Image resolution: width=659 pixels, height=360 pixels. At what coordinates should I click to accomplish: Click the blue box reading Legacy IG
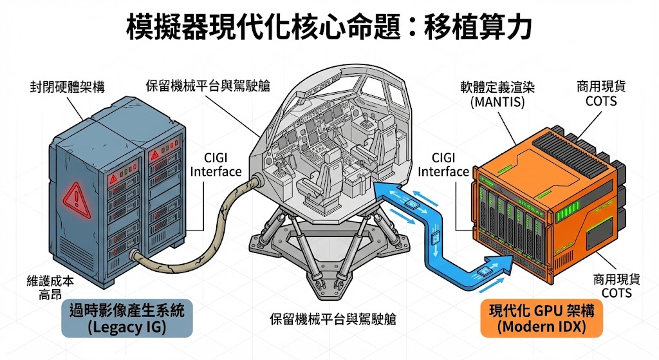126,319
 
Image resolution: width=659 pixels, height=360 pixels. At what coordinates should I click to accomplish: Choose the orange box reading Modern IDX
541,319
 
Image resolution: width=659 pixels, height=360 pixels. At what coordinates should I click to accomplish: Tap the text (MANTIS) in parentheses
498,101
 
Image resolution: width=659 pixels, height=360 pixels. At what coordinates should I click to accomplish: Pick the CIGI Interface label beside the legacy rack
216,165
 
